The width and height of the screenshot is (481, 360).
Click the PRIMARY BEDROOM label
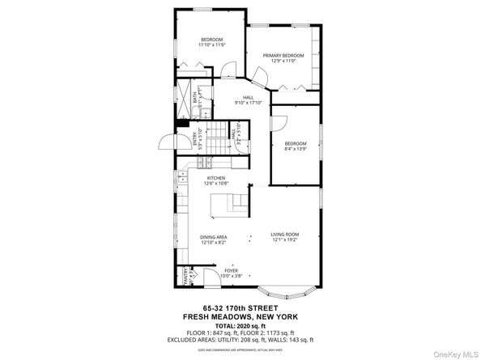click(x=281, y=55)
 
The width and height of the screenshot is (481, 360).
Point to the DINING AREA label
click(x=214, y=237)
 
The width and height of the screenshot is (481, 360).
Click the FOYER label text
click(x=232, y=272)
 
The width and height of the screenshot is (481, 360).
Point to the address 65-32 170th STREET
click(x=240, y=308)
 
